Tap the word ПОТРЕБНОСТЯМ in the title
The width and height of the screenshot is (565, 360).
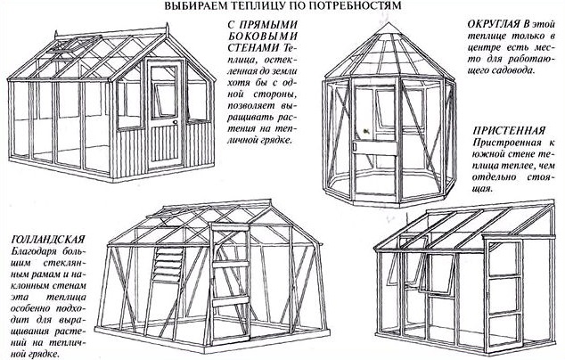click(349, 7)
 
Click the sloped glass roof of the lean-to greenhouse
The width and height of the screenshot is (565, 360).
click(472, 222)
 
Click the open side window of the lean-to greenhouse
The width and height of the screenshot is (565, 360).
click(412, 258)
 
